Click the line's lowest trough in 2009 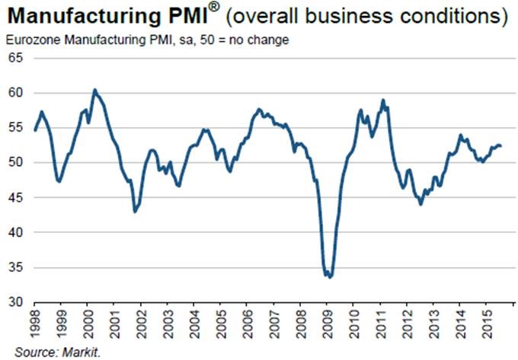329,277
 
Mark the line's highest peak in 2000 94,90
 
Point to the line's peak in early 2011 383,100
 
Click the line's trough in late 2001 134,211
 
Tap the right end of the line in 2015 500,146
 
